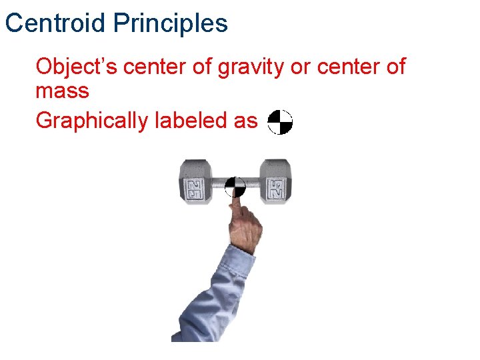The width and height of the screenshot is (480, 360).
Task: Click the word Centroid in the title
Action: pyautogui.click(x=55, y=24)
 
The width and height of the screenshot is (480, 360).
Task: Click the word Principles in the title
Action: pyautogui.click(x=170, y=24)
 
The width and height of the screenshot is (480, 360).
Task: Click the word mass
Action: pyautogui.click(x=61, y=91)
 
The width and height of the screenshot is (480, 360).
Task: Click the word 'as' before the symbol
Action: pyautogui.click(x=245, y=121)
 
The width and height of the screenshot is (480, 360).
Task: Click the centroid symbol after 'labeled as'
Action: pyautogui.click(x=280, y=122)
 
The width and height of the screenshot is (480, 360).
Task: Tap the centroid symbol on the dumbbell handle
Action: pyautogui.click(x=235, y=187)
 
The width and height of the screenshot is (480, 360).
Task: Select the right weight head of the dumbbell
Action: pyautogui.click(x=274, y=181)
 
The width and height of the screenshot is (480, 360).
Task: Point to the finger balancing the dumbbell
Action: pyautogui.click(x=237, y=212)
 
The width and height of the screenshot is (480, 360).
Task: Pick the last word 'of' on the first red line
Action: pyautogui.click(x=394, y=67)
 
